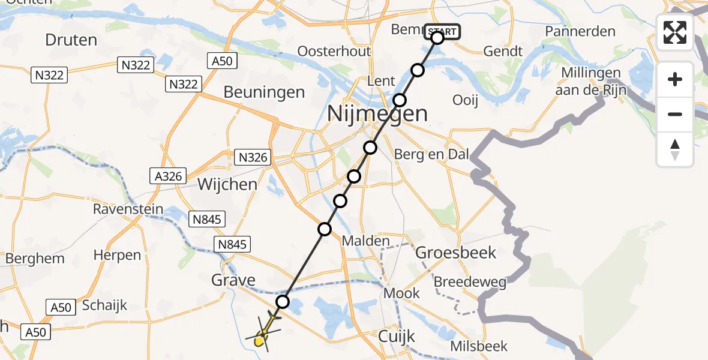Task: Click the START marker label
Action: [443, 31]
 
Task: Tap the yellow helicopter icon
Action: [261, 337]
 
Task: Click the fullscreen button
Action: [675, 32]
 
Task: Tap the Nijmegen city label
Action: [378, 113]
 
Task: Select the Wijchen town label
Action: [227, 184]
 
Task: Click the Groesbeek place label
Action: [456, 253]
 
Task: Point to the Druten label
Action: [71, 40]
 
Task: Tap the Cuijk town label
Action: [397, 337]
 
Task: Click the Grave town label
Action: [233, 280]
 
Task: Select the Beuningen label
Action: [264, 92]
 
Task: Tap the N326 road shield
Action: [254, 158]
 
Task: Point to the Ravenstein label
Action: [128, 209]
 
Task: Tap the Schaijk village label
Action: [105, 305]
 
